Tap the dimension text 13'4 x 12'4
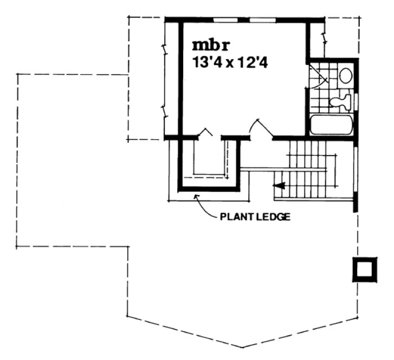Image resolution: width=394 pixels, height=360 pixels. (231, 62)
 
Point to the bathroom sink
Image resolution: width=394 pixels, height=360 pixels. (345, 75)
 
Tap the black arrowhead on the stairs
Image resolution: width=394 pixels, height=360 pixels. (280, 187)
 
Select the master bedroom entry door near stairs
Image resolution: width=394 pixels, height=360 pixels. (260, 129)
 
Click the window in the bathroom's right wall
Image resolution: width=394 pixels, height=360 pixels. (357, 101)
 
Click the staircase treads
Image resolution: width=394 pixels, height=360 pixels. (306, 168)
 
